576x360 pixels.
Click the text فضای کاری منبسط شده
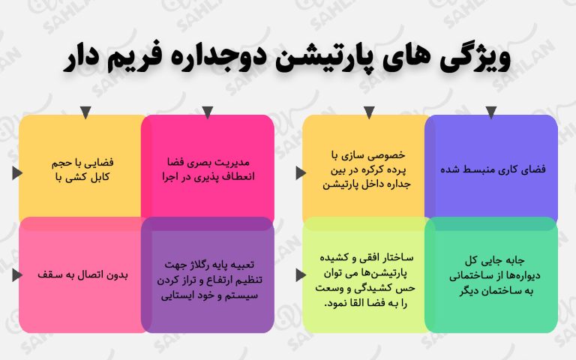[x=493, y=169]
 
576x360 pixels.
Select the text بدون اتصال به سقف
[x=82, y=274]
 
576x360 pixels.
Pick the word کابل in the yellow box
[x=100, y=177]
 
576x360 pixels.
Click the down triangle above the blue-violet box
[x=491, y=112]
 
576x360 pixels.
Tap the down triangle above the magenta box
[x=208, y=112]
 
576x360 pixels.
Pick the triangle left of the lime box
[x=301, y=274]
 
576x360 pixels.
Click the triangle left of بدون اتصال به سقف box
[x=17, y=274]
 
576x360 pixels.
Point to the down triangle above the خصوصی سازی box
[x=369, y=112]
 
